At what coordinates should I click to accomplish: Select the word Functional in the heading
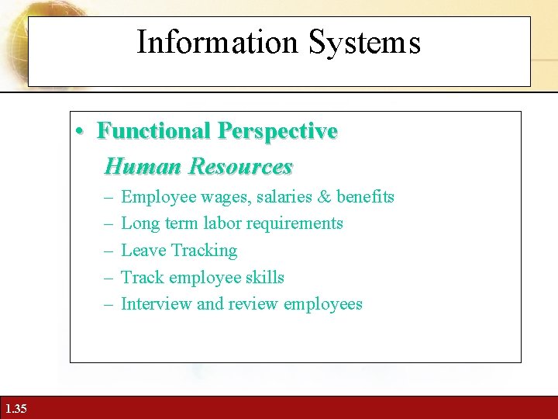[x=154, y=131]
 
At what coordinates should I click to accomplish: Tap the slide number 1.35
[x=15, y=408]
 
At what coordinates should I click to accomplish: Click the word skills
[x=263, y=278]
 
